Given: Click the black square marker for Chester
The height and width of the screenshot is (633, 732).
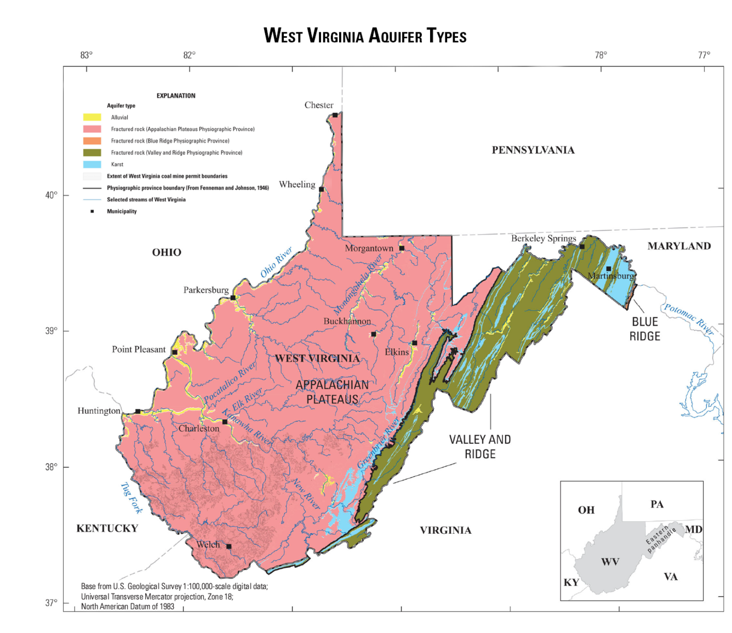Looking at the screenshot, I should tap(335, 115).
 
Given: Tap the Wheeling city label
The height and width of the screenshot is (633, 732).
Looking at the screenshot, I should tap(297, 185).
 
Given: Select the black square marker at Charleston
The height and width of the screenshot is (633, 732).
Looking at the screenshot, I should tap(225, 421).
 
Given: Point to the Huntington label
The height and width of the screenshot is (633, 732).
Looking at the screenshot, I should tap(99, 411).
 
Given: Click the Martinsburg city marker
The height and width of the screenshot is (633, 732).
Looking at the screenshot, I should tap(608, 269).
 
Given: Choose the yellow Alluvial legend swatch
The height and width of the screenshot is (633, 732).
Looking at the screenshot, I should tap(92, 117).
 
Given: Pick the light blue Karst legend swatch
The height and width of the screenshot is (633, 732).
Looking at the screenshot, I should tap(92, 164).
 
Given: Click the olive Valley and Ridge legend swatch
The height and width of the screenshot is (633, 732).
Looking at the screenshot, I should tap(92, 152).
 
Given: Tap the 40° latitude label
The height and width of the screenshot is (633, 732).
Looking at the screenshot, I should tap(51, 195).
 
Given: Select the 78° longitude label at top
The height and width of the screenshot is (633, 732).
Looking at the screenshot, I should tap(601, 55).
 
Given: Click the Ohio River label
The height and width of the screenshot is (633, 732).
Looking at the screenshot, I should tap(276, 263).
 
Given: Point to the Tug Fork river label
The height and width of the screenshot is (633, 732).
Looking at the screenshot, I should tap(131, 498).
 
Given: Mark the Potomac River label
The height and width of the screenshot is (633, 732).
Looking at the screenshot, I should tap(689, 318).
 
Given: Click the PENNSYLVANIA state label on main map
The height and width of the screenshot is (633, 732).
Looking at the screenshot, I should tap(533, 150).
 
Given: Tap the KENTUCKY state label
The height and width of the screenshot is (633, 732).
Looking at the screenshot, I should tap(107, 528).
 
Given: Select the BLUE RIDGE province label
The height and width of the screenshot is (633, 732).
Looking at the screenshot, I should tap(645, 329).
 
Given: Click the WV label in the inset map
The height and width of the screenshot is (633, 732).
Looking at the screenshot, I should tap(610, 562).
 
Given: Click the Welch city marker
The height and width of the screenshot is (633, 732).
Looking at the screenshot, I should tap(228, 546).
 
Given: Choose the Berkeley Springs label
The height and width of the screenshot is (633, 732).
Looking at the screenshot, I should tap(544, 238).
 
